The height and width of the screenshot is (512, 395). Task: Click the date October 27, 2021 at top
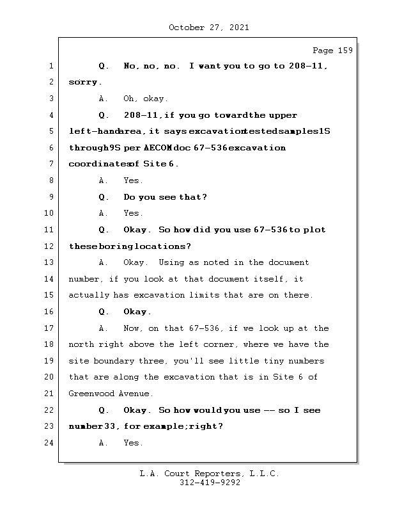tap(208, 28)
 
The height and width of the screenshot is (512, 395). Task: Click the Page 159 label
tap(332, 51)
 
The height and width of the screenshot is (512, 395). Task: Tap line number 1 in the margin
tap(50, 66)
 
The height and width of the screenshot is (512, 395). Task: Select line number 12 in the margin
tap(48, 246)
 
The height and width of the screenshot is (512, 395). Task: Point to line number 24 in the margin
tap(48, 443)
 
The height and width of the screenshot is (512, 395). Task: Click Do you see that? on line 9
tap(165, 197)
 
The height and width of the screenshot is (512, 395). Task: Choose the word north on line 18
tap(82, 344)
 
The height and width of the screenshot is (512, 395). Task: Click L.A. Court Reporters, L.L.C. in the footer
tap(209, 474)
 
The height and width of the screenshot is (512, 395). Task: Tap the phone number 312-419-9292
tap(209, 483)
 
